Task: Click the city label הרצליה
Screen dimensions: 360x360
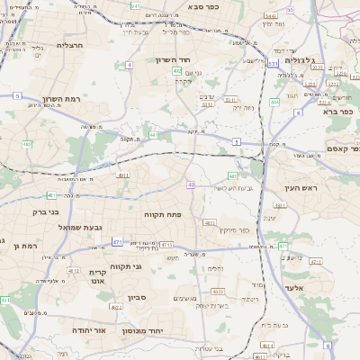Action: (69, 44)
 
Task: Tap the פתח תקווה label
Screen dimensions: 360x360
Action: (163, 215)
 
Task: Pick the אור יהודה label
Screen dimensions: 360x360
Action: (87, 330)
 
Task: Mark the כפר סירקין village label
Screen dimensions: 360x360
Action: (257, 230)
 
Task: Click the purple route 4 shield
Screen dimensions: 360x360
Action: (130, 65)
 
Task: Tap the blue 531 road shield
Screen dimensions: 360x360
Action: (273, 63)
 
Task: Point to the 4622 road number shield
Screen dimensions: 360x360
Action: (117, 307)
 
